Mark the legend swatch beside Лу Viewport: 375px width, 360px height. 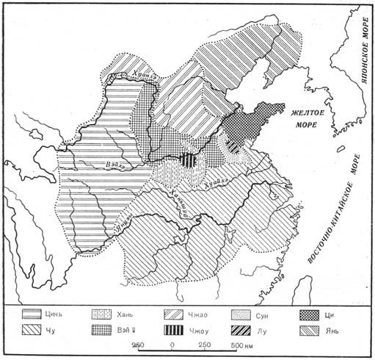coord(244,330)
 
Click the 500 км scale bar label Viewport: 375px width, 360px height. coord(237,345)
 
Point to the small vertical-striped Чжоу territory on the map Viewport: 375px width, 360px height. coord(190,160)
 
